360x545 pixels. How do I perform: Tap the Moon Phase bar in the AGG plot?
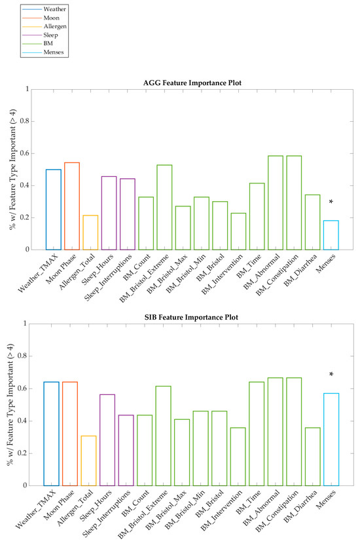click(x=71, y=206)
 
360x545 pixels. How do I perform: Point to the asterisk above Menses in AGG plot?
click(x=331, y=202)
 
